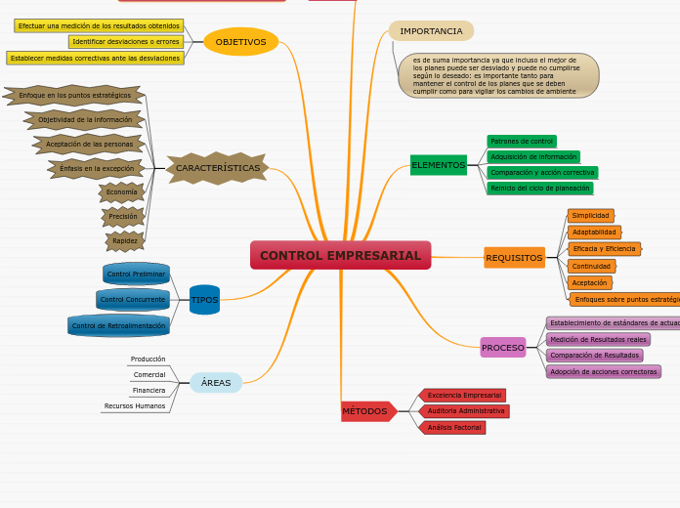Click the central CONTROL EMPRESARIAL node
coord(340,255)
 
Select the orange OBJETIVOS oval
coord(240,42)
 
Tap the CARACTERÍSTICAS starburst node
coord(217,168)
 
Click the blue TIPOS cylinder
coord(204,300)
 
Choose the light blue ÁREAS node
coord(216,383)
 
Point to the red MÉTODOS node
coord(366,411)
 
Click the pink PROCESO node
coord(502,348)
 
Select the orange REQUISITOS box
coord(514,258)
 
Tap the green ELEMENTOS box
coord(438,165)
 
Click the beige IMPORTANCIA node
coord(431,31)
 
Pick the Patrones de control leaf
coord(522,142)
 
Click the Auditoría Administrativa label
coord(465,411)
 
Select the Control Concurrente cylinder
coord(133,300)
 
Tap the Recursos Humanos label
coord(135,405)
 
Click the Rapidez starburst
coord(125,240)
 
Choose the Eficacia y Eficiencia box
coord(604,249)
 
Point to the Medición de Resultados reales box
coord(598,340)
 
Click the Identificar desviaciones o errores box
coord(126,42)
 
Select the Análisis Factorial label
coord(453,428)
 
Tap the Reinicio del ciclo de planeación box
coord(539,189)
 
